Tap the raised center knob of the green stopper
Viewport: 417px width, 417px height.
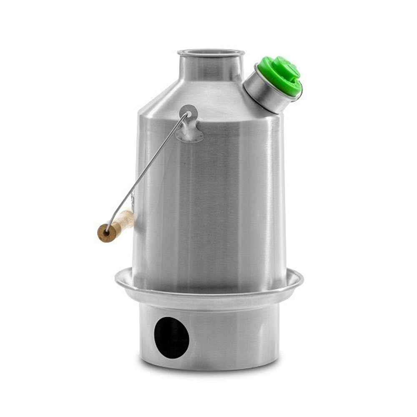(286, 69)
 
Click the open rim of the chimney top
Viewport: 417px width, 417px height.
(211, 53)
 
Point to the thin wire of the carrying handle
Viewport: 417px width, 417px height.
(150, 167)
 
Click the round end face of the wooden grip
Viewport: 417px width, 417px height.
(106, 233)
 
